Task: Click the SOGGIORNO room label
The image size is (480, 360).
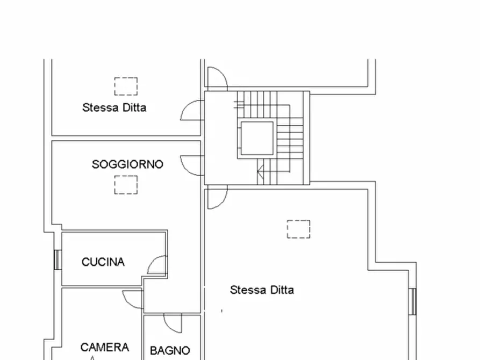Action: point(127,164)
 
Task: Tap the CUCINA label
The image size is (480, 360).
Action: point(103,262)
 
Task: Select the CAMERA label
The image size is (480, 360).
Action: point(105,347)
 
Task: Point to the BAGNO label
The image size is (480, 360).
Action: point(170,350)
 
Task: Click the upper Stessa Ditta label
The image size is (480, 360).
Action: point(114,107)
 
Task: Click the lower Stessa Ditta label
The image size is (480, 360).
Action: point(262,290)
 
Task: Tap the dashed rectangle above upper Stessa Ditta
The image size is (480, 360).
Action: point(126,86)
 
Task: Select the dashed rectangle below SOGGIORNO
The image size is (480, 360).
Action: point(126,185)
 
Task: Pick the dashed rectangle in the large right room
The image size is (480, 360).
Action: point(298,229)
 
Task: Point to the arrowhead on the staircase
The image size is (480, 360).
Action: point(260,173)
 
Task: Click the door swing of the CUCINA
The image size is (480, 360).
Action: point(158,265)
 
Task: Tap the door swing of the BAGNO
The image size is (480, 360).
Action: point(173,322)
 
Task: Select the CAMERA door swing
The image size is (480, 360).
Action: point(133,299)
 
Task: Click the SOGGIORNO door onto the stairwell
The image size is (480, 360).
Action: point(191,164)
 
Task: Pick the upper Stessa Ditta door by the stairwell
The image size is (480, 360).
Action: point(191,110)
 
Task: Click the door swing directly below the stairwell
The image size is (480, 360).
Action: point(217,197)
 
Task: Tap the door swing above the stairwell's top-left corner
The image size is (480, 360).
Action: point(217,78)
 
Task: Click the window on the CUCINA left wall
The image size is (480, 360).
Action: point(57,260)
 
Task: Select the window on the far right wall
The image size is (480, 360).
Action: point(413,301)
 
